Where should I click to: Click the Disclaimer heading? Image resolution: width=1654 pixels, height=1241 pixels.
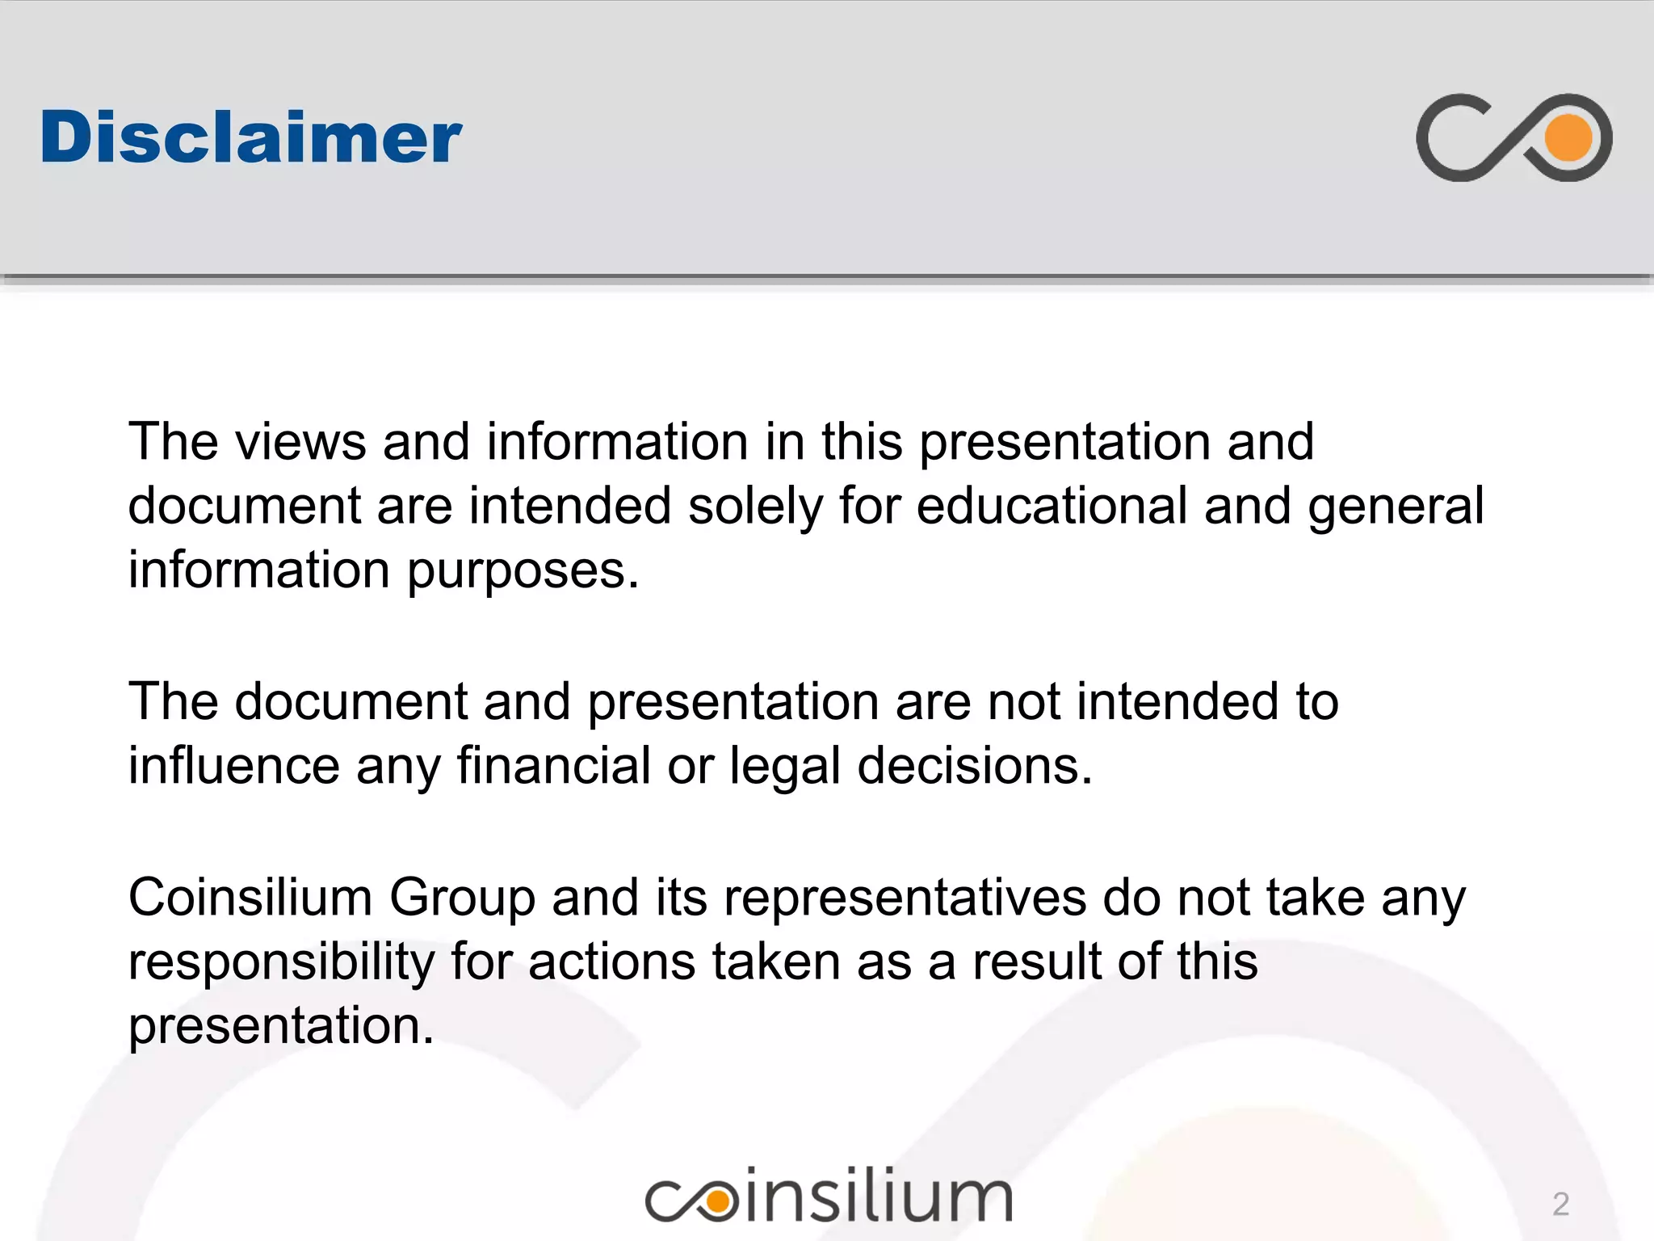click(251, 137)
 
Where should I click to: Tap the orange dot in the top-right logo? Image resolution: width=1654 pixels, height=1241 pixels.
click(1568, 137)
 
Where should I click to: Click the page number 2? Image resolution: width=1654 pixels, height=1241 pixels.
click(1560, 1204)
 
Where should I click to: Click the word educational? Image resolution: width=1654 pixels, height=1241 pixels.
click(1051, 507)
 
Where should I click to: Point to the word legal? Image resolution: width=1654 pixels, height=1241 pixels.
click(785, 767)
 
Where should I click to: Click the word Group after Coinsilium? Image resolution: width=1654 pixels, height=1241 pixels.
click(462, 898)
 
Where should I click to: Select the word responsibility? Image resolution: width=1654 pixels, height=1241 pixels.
click(281, 963)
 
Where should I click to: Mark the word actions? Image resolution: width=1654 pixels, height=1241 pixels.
click(611, 962)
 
